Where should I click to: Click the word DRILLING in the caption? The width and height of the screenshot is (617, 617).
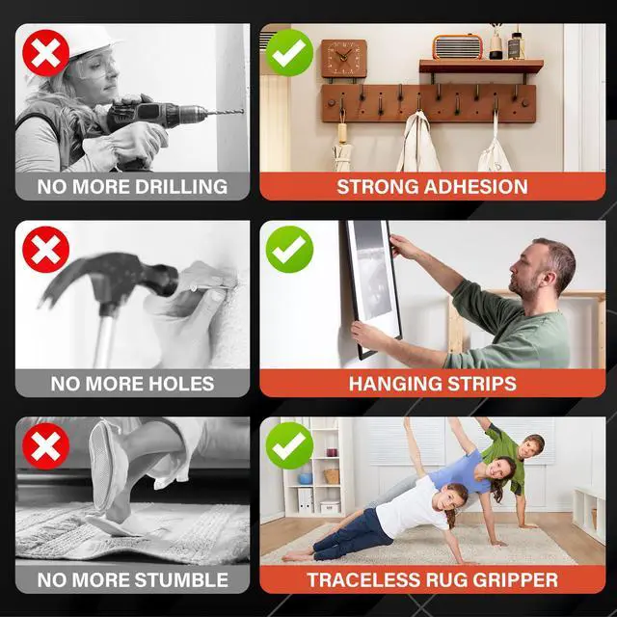pos(181,186)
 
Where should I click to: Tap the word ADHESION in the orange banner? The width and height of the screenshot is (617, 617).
pos(476,186)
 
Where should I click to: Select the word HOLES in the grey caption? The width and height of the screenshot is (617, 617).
pos(182,384)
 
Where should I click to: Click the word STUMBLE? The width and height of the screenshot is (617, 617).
pos(182,580)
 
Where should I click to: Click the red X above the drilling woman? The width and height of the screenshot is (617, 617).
pos(46,53)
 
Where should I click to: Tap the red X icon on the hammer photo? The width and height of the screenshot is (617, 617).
pos(46,250)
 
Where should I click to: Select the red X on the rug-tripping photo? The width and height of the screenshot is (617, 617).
pos(46,446)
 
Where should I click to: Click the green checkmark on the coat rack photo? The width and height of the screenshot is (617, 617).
pos(289,53)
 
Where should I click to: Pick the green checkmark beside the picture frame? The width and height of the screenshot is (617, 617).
pos(289,250)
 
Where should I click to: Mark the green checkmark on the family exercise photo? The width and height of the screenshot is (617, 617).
pos(289,445)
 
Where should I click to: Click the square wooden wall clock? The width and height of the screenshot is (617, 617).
pos(344,58)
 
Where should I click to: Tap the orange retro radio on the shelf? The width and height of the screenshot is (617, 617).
pos(458,47)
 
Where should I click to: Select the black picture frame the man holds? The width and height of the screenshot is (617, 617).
pos(372,289)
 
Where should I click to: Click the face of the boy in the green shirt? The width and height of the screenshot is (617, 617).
pos(532,447)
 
